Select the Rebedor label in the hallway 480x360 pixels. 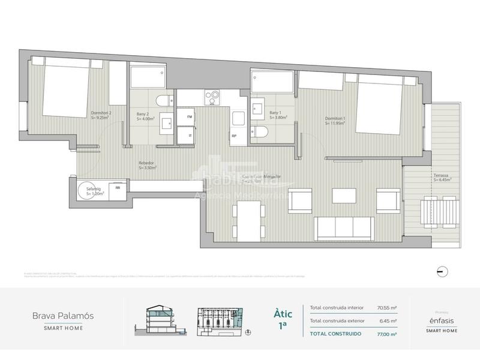147,165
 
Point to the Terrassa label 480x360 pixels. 442,176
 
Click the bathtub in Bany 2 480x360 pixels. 149,78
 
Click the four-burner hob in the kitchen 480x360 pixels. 212,95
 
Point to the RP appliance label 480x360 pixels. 233,136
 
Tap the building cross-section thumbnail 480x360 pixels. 158,318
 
